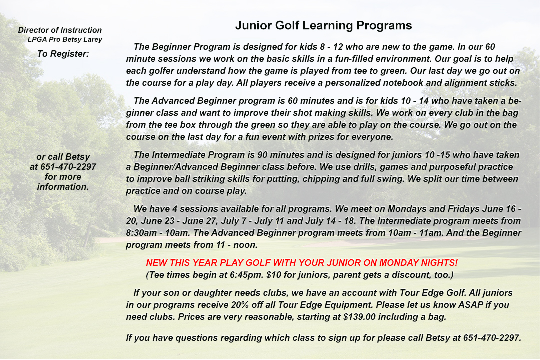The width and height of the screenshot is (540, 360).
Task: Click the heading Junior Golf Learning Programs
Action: (x=323, y=26)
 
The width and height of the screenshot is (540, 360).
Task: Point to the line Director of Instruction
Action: (x=60, y=30)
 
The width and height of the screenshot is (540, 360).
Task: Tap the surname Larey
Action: (x=92, y=39)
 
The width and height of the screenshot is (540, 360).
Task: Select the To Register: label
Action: (x=63, y=53)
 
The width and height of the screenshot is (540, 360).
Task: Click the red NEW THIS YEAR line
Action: (x=302, y=263)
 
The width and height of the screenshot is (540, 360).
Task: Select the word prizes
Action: (x=339, y=137)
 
